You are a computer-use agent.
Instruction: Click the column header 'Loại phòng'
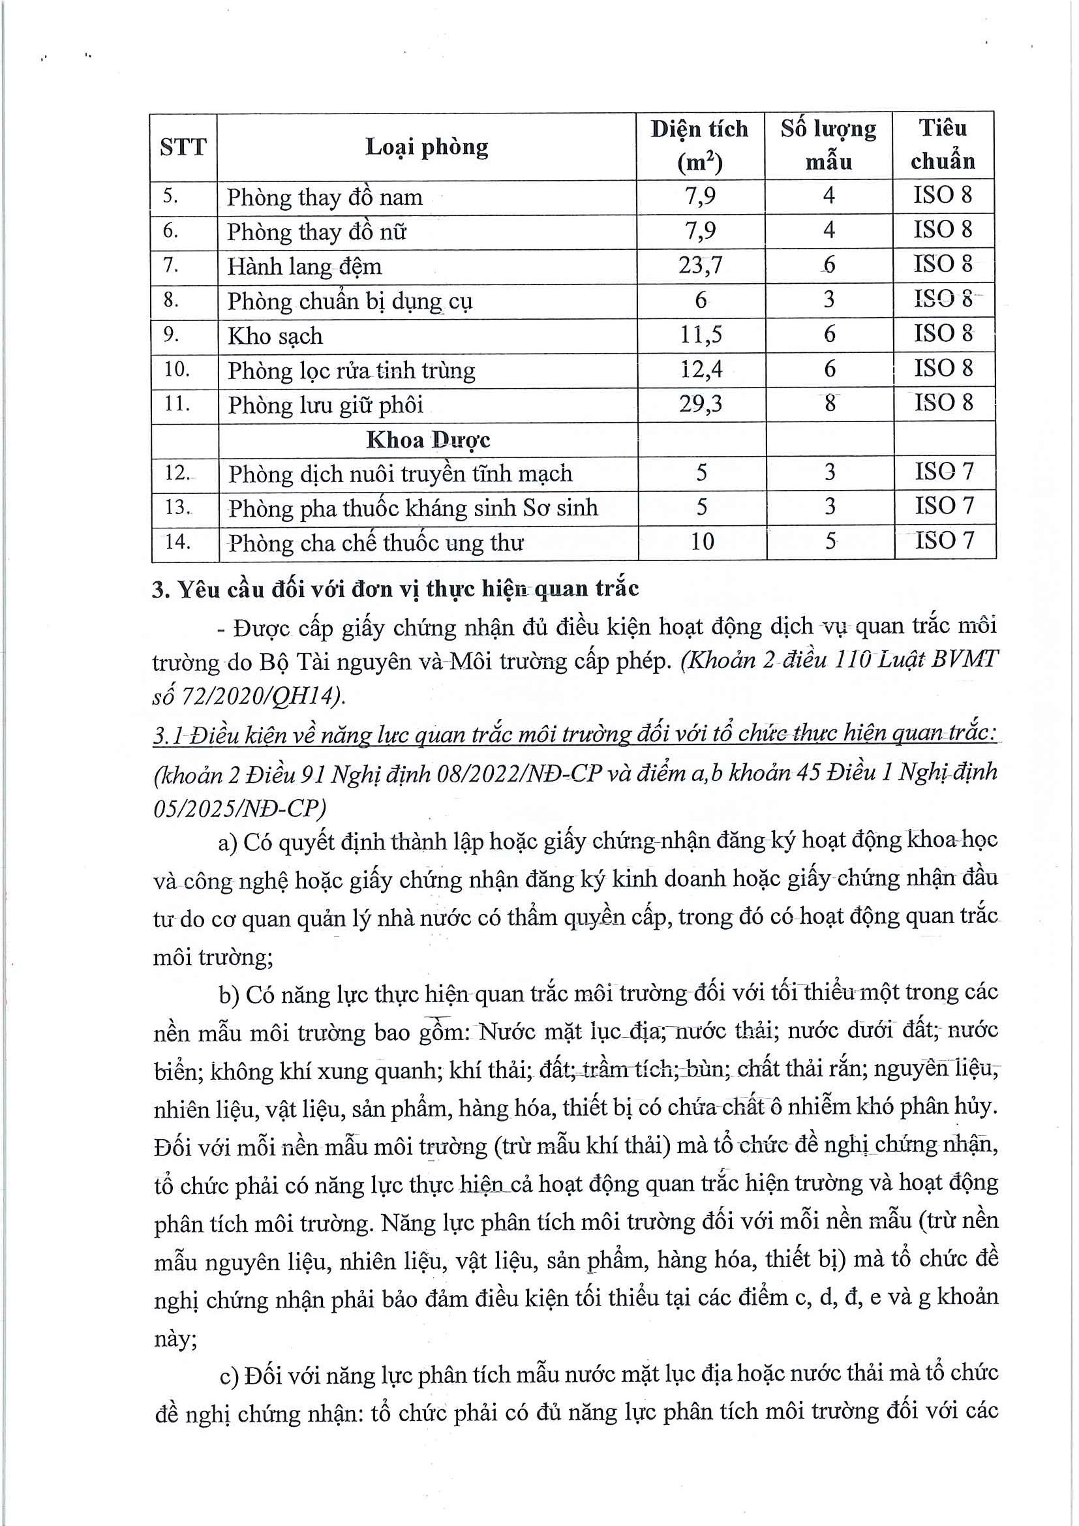tap(427, 147)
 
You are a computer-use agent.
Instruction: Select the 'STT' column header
tap(183, 147)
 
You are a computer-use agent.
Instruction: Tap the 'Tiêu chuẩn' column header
tap(943, 144)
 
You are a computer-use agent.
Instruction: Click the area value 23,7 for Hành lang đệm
tap(700, 265)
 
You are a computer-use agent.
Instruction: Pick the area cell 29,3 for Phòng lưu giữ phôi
tap(701, 403)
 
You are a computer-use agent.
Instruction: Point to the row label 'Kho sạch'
tap(275, 335)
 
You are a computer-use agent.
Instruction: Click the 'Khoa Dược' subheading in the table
tap(428, 439)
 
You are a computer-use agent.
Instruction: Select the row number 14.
tap(177, 542)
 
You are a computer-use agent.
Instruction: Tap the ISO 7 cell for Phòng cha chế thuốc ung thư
tap(943, 540)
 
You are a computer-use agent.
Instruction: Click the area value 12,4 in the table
tap(701, 369)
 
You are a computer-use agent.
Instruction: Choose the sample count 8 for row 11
tap(829, 403)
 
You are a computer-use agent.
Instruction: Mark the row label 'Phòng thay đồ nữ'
tap(316, 232)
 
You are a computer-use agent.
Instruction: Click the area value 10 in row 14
tap(702, 542)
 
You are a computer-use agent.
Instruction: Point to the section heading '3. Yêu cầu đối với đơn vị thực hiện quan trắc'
tap(395, 589)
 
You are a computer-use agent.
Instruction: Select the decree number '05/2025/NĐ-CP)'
tap(240, 808)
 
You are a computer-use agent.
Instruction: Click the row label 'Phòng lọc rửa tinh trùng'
tap(352, 370)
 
